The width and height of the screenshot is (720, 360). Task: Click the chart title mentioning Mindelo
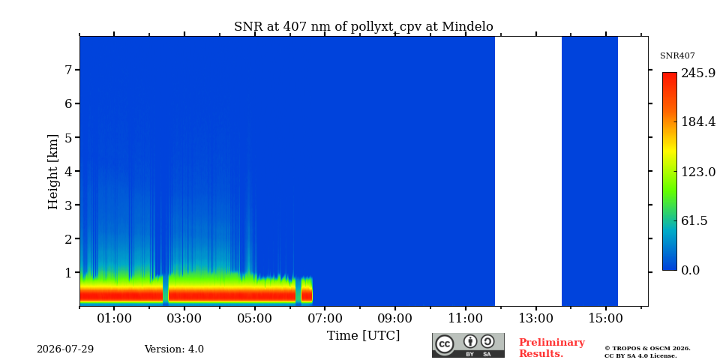coord(363,27)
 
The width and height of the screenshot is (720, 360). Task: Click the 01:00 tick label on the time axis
coord(114,318)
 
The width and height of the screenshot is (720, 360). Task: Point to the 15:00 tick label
coord(606,318)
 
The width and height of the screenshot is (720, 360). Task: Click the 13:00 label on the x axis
coord(535,318)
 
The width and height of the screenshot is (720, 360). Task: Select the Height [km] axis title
coord(53,172)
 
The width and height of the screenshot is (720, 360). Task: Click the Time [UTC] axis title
coord(363,336)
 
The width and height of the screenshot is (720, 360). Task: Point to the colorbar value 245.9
coord(698,73)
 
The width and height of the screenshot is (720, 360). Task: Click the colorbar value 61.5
coord(694,220)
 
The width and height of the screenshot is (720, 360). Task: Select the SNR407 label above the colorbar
coord(677,56)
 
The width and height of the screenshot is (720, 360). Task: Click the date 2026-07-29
coord(65,349)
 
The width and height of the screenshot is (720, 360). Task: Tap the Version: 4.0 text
coord(174,349)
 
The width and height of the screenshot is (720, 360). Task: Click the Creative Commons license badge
coord(468,345)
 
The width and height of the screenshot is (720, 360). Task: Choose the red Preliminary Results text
coord(552,348)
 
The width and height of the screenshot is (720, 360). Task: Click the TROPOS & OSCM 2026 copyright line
coord(647,349)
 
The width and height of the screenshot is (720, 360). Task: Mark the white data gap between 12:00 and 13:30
coord(528,171)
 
